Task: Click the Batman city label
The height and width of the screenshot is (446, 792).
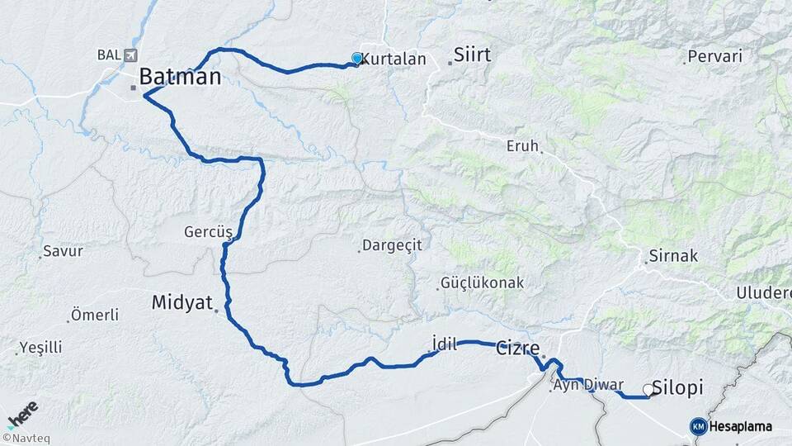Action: [180, 77]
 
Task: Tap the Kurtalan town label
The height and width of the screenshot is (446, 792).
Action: [394, 59]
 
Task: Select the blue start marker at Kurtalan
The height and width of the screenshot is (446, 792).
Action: [356, 59]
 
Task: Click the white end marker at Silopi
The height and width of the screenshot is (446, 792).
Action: [648, 391]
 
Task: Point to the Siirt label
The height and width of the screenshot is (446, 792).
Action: [472, 55]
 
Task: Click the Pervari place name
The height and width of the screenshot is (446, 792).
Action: [715, 57]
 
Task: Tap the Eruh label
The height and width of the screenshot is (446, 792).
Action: [521, 146]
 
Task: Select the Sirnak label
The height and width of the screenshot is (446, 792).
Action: [673, 256]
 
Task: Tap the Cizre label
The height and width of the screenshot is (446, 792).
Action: [518, 349]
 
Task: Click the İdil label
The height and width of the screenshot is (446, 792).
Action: [444, 344]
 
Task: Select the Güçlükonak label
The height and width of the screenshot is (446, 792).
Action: [483, 282]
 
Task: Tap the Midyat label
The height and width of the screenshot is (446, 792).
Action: [182, 302]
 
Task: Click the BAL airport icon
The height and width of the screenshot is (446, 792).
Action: [130, 55]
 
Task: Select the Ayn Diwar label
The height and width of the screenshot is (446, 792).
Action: [588, 385]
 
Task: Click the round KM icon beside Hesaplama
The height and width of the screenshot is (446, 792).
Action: [698, 426]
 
